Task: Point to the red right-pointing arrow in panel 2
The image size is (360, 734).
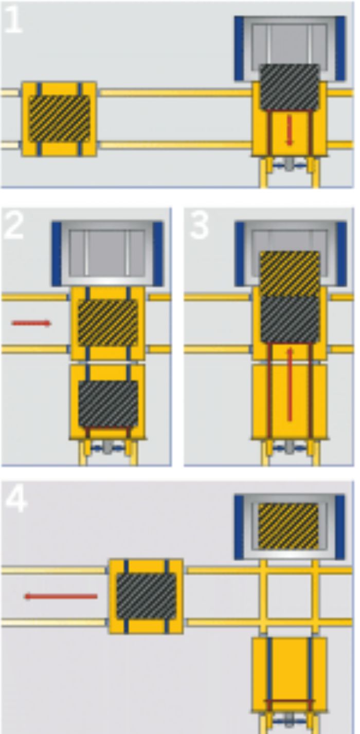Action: click(x=31, y=323)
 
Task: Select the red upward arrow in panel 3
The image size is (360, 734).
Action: click(x=290, y=383)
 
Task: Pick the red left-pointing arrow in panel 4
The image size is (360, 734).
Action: click(x=61, y=596)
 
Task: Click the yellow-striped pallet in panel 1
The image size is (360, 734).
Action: click(x=59, y=118)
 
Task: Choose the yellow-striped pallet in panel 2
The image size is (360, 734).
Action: click(x=107, y=323)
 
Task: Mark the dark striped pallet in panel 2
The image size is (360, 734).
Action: click(x=108, y=403)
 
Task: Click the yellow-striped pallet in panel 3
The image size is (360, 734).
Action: click(x=290, y=273)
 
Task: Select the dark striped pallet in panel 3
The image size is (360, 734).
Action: click(x=290, y=319)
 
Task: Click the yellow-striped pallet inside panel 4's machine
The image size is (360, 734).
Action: click(x=288, y=525)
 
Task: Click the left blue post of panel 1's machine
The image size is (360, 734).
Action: click(x=239, y=48)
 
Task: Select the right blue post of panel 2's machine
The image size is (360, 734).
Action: click(x=158, y=253)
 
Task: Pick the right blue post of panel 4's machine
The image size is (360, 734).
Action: click(x=340, y=527)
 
